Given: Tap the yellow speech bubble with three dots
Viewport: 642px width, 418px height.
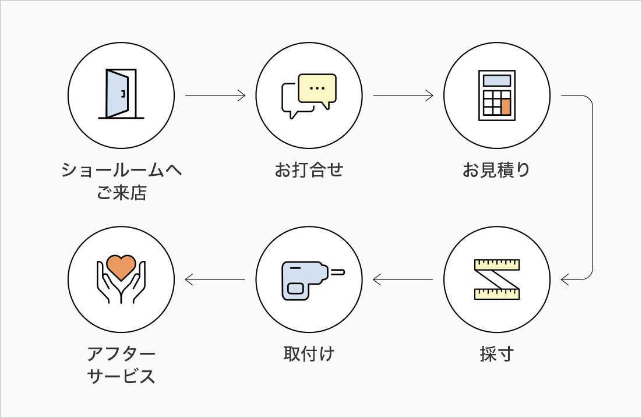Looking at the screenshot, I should (317, 88).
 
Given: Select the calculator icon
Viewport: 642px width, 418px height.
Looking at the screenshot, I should (496, 95).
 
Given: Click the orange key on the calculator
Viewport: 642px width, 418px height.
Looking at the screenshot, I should (505, 107).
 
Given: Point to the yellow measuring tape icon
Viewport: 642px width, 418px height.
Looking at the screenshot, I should (496, 279).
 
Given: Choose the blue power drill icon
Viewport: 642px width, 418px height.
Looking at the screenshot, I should (309, 280).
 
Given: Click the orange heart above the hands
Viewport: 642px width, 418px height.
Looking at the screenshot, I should (121, 266).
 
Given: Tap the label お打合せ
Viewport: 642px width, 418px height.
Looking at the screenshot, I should (309, 171).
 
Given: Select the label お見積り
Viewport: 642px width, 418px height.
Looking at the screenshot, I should (496, 171).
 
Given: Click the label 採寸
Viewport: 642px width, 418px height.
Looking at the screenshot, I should (496, 353).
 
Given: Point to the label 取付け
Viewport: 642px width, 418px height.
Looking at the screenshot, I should (309, 353).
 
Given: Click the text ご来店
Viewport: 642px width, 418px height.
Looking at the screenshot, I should (121, 193).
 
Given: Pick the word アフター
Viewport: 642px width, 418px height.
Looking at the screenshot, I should (121, 353).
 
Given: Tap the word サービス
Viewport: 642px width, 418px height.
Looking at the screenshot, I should (121, 376).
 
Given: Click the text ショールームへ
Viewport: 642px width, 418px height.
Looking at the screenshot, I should (121, 171).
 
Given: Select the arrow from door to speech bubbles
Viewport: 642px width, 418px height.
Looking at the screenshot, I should (215, 95).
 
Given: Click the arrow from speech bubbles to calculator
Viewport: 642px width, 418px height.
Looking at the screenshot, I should (403, 95).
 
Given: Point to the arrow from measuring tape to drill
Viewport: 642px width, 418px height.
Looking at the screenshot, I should (403, 280).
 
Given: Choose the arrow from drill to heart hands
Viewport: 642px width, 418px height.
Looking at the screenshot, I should (215, 280).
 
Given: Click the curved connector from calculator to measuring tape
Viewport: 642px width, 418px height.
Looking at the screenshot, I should (592, 186).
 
